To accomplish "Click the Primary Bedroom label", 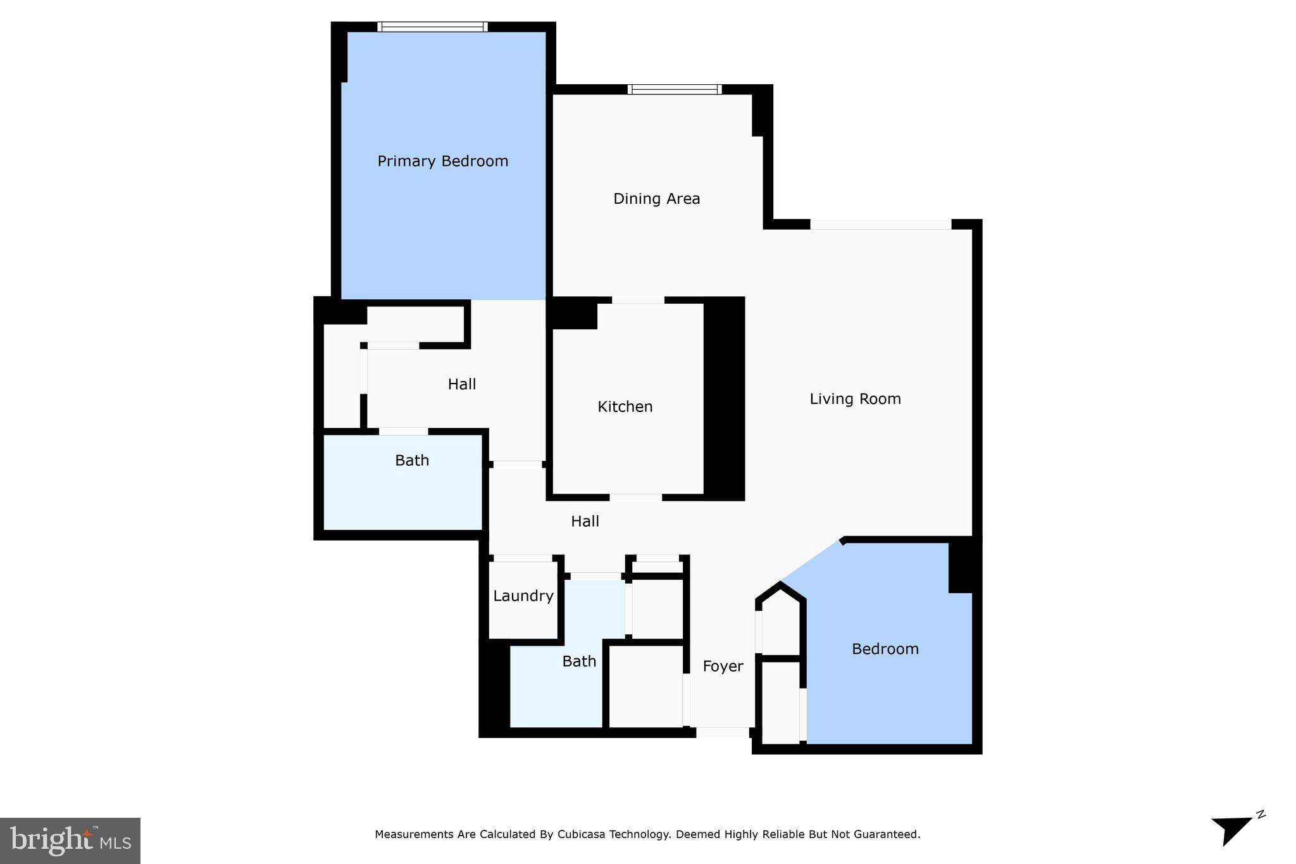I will (x=443, y=161).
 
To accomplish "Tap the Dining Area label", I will (x=656, y=199).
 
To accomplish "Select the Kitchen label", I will (x=625, y=406).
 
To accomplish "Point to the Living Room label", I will (x=855, y=399).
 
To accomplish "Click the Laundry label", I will (x=523, y=596).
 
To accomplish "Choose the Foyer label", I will (x=723, y=666).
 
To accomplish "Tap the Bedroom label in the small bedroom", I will (x=885, y=649).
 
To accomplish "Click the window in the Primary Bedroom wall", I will (x=433, y=27).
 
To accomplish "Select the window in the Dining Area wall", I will (x=675, y=89).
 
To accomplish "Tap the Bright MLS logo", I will (x=70, y=841).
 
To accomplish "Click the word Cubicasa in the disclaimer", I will (x=581, y=834).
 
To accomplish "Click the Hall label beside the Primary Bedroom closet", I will (x=461, y=384).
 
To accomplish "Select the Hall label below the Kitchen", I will (x=585, y=521).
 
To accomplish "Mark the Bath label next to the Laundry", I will (x=579, y=661).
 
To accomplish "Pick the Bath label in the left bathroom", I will (x=412, y=460).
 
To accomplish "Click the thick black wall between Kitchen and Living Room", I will (x=724, y=399).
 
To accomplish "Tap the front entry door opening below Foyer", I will (x=723, y=732).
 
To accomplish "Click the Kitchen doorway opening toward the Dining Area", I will (x=638, y=300).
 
